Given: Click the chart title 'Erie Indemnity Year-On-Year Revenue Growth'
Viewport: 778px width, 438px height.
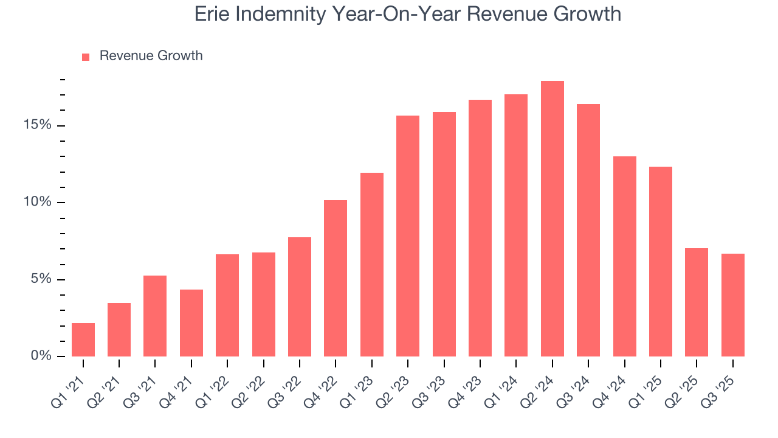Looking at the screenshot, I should (408, 14).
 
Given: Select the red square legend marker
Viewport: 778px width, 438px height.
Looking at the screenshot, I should (86, 57).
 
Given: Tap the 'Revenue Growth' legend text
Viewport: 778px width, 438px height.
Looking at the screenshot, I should (151, 56).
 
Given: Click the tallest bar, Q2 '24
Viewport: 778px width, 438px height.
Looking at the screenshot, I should (552, 219).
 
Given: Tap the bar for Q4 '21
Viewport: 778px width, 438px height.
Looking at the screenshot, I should (191, 323).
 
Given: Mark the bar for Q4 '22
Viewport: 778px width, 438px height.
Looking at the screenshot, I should (336, 278).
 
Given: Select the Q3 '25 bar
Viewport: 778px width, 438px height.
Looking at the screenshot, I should (732, 305).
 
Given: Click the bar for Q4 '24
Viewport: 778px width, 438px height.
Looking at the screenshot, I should (624, 256).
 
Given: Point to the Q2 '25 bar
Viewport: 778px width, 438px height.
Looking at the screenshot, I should (697, 302).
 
